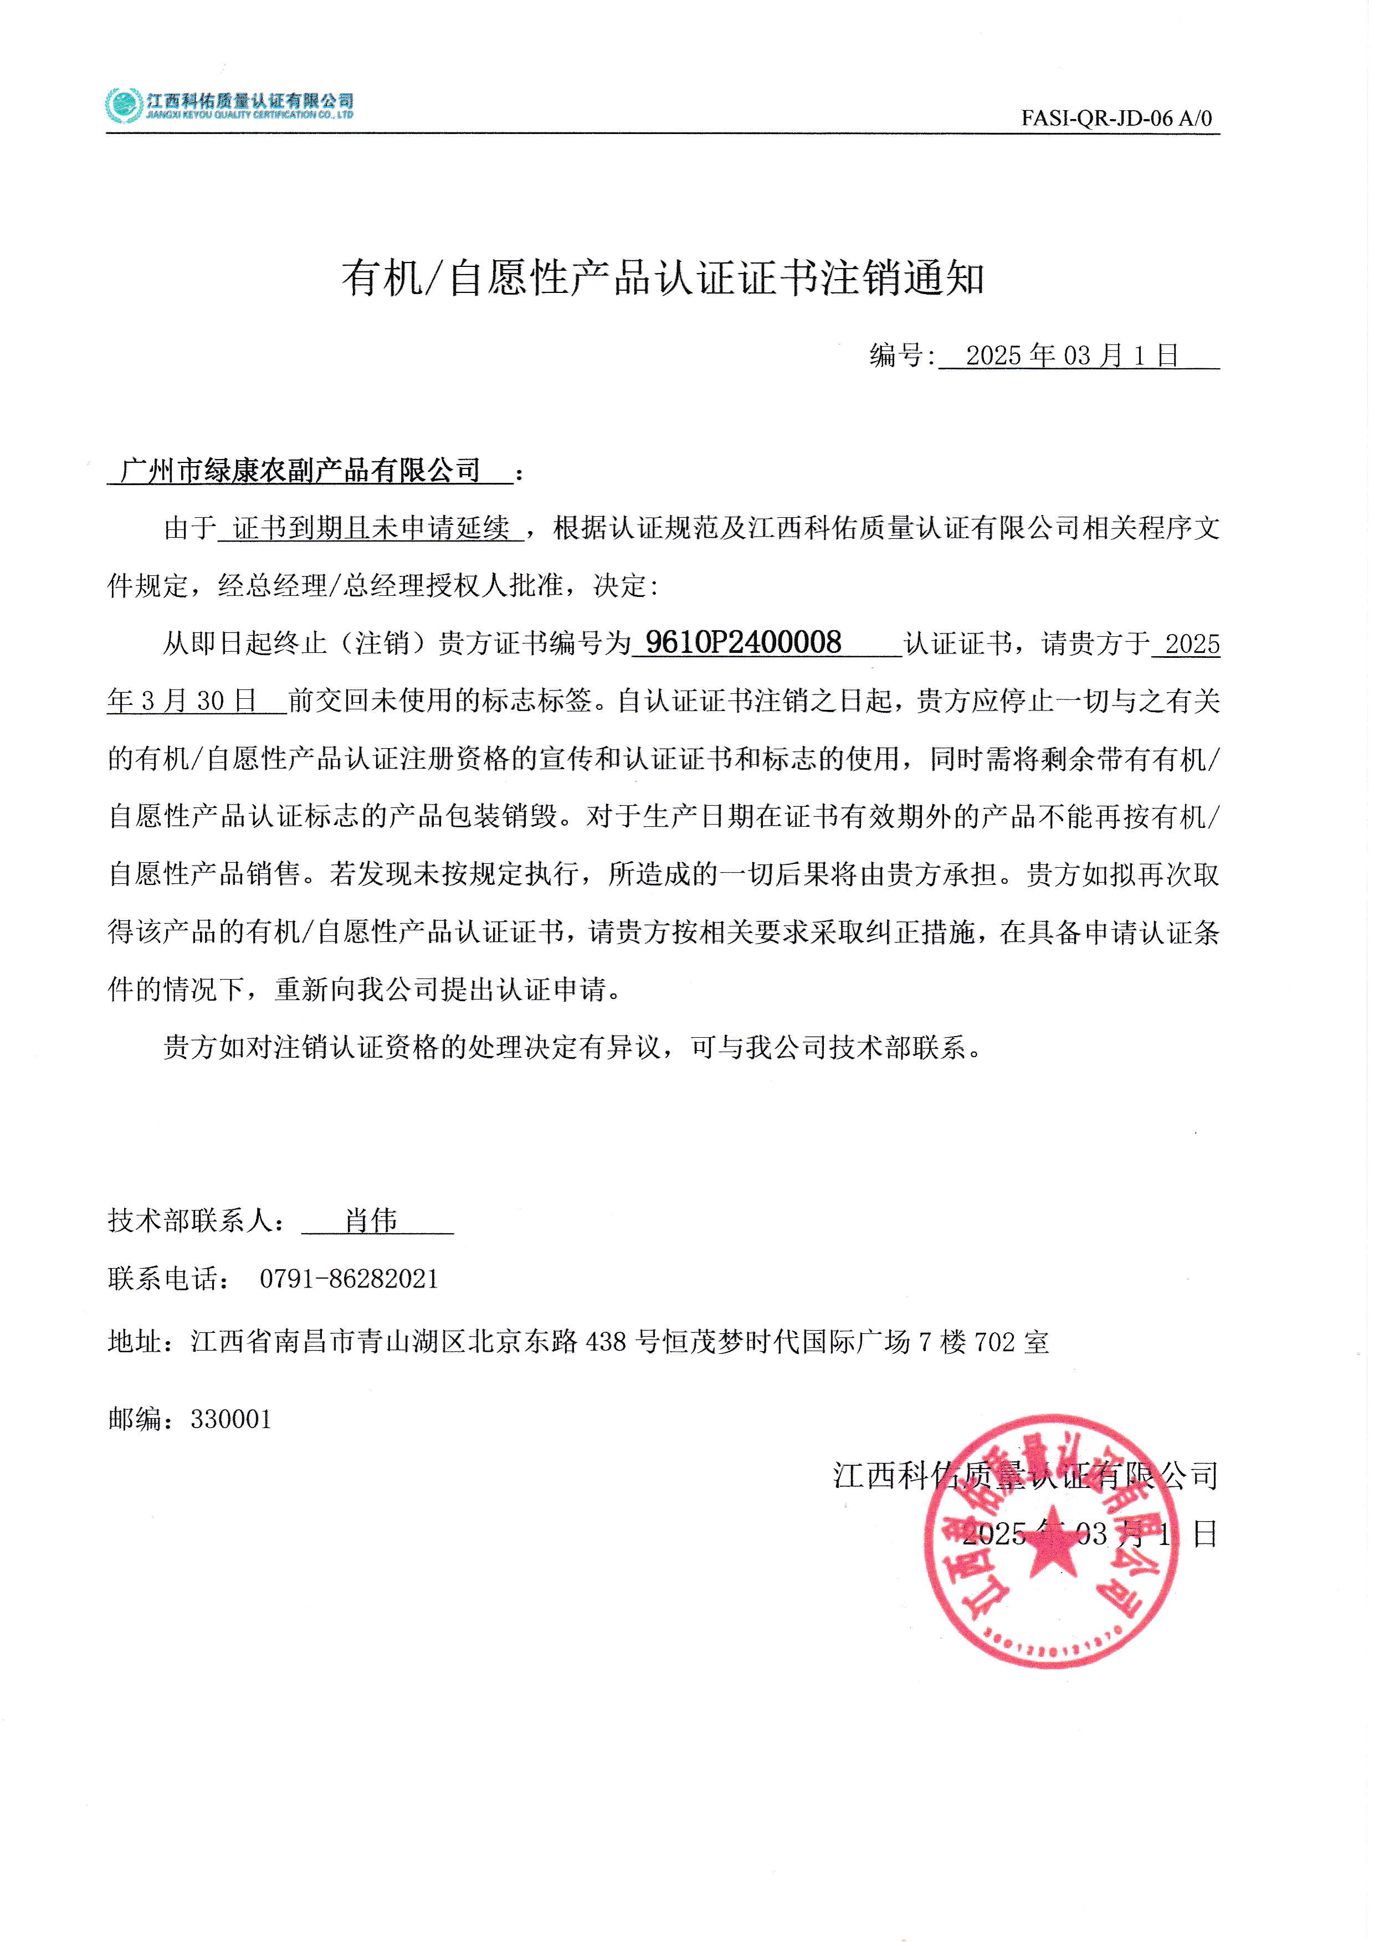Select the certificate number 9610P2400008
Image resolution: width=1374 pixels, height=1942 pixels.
[x=743, y=643]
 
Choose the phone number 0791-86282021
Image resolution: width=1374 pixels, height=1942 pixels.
[x=348, y=1278]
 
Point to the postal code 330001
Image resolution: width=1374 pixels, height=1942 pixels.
[x=231, y=1419]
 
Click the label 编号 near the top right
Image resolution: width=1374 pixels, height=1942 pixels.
[x=895, y=356]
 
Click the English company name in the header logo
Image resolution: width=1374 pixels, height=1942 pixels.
[x=249, y=115]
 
